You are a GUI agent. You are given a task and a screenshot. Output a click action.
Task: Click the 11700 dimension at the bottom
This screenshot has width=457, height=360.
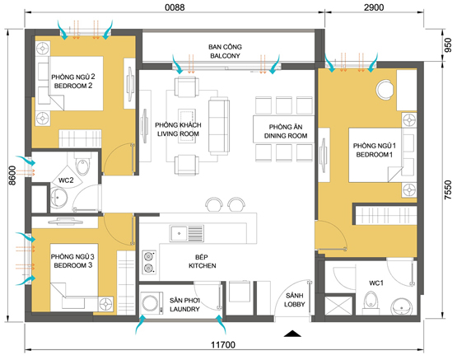223,345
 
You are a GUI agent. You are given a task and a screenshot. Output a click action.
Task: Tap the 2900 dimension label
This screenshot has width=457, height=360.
374,7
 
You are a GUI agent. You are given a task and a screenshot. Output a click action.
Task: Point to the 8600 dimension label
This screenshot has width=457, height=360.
12,175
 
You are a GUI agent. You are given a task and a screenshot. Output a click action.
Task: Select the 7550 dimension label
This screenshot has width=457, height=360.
448,190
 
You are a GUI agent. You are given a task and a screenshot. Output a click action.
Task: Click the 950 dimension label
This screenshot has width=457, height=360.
448,45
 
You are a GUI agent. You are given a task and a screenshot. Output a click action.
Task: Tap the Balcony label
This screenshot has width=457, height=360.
225,56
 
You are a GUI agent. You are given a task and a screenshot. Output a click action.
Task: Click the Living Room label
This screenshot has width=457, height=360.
178,133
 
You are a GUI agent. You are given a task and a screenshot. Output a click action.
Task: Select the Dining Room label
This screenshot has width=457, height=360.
286,136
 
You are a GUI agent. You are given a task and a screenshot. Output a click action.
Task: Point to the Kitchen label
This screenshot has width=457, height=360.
203,265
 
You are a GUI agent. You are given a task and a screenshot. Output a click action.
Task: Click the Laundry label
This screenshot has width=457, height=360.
184,309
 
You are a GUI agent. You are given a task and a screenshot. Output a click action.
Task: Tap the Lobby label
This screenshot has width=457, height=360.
294,304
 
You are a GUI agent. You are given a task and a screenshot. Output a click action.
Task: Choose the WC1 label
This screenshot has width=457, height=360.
376,283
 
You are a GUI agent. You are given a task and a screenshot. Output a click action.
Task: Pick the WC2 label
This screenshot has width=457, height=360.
66,180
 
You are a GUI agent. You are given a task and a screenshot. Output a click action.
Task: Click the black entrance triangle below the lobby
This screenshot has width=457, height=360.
292,334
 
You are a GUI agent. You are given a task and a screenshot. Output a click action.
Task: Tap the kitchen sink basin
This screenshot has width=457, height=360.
179,233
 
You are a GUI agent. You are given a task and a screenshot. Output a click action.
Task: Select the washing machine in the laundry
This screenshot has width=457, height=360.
152,303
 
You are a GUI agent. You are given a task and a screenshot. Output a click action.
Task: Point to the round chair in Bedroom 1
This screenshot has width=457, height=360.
385,90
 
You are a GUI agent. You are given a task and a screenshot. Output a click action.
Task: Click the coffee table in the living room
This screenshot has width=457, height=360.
187,126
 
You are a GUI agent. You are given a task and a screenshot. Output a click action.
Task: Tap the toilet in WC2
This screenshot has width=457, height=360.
83,164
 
